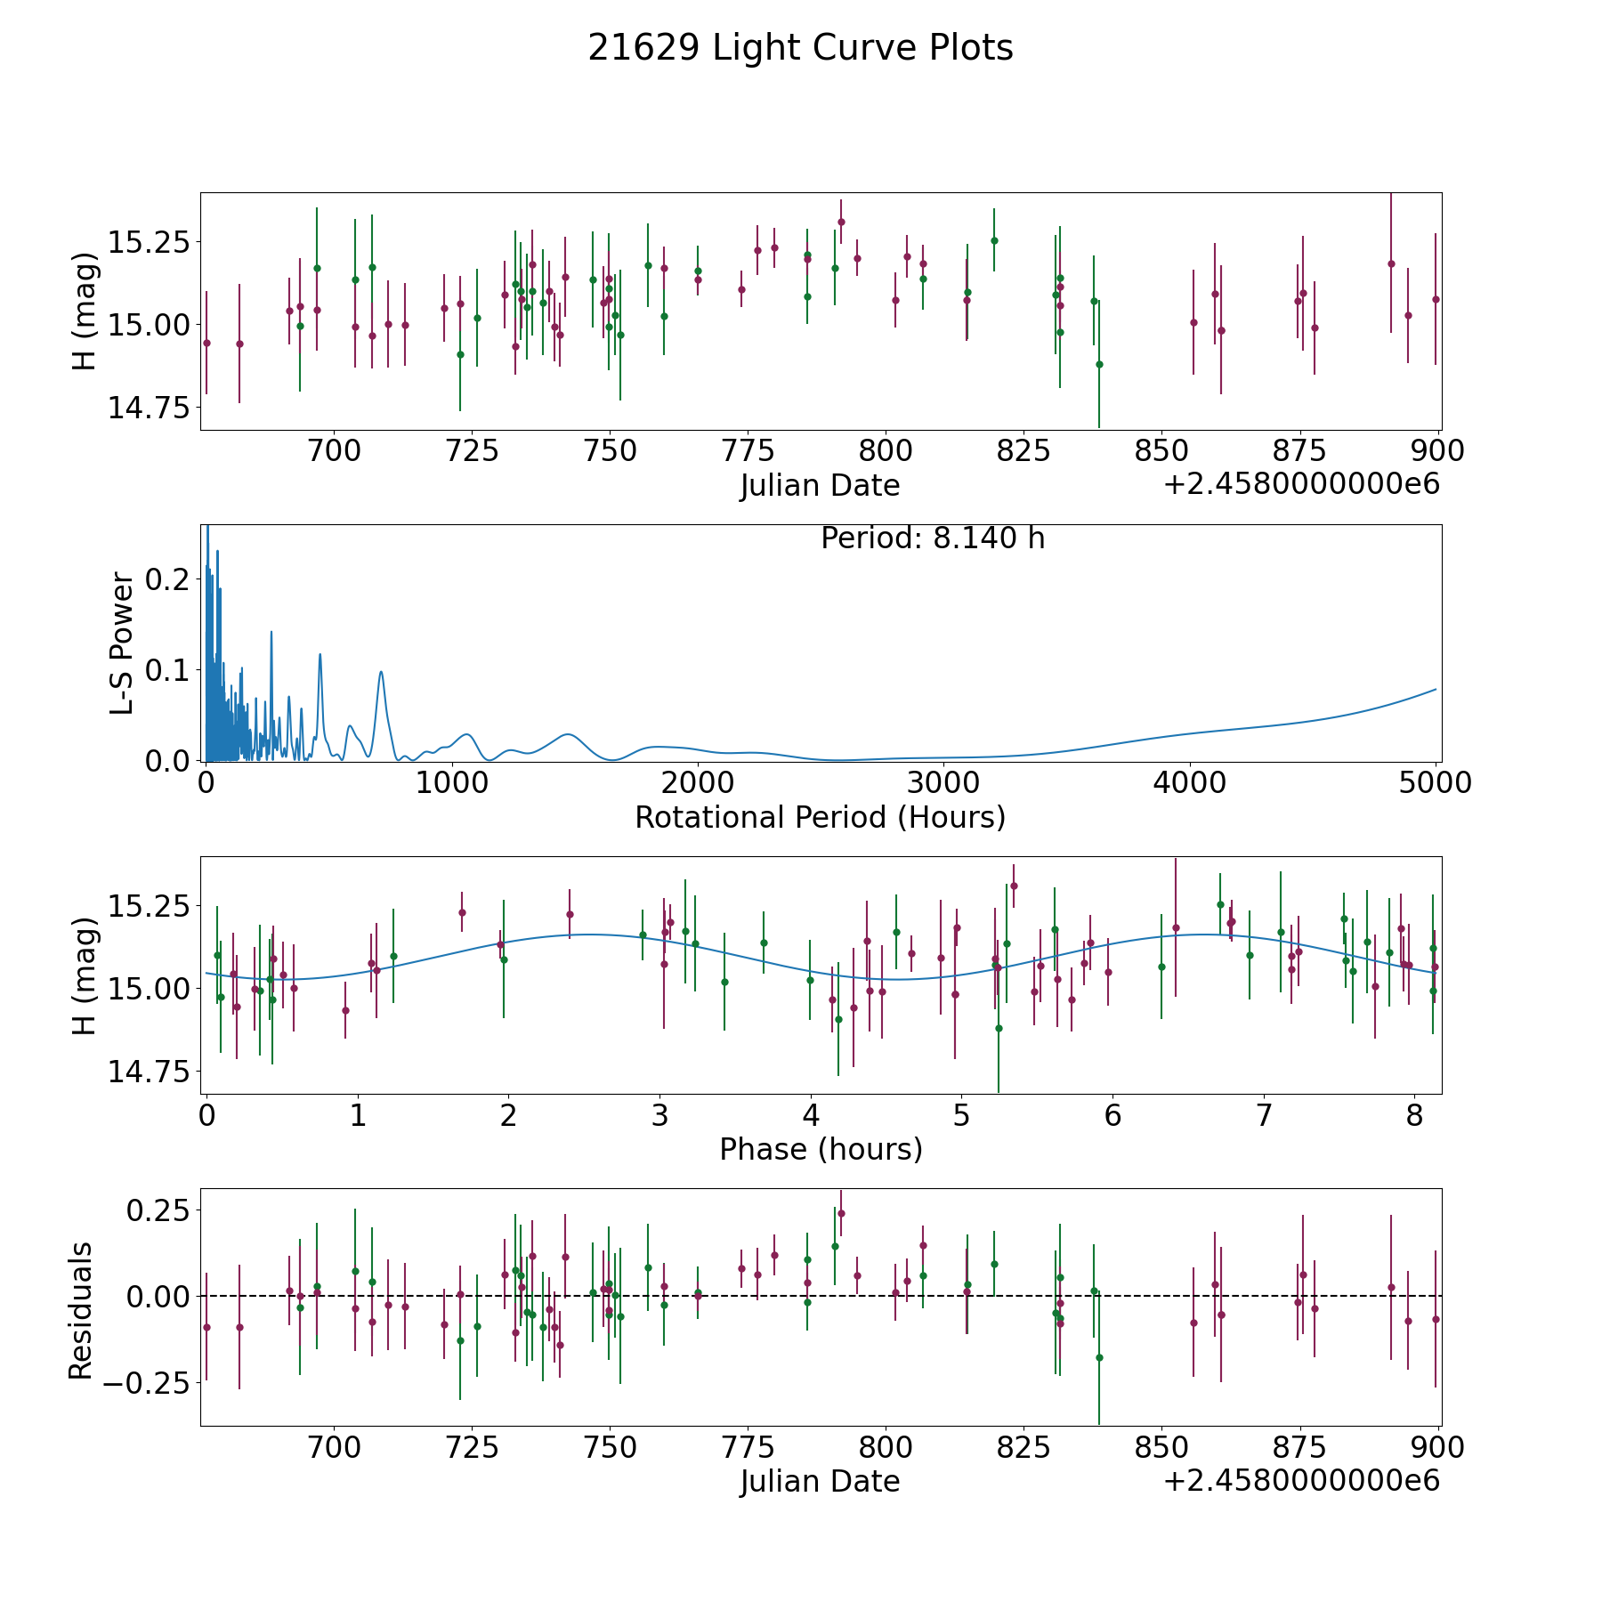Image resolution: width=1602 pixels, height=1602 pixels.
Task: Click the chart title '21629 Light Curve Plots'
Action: click(800, 48)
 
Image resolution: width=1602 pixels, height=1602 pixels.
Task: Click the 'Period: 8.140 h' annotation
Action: click(932, 538)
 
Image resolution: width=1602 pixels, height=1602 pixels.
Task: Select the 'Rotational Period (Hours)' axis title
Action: click(820, 817)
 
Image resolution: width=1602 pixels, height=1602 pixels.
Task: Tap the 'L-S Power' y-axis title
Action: click(123, 643)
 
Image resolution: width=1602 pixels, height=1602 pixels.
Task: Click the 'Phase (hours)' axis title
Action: click(820, 1149)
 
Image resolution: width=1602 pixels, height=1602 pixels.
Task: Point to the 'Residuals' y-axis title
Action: click(80, 1311)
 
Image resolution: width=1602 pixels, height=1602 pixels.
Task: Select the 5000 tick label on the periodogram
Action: click(1436, 783)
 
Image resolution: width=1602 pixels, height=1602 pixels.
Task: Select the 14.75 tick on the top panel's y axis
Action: click(149, 408)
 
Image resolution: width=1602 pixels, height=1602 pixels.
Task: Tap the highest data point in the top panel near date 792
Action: click(841, 222)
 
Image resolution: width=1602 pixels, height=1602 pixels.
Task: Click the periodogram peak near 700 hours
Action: click(381, 672)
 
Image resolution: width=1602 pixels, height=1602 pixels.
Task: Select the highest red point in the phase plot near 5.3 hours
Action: click(1014, 886)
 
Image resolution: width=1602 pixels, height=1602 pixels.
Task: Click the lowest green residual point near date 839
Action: click(1099, 1357)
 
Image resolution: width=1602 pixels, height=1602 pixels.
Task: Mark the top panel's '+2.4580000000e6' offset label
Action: click(1301, 485)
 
